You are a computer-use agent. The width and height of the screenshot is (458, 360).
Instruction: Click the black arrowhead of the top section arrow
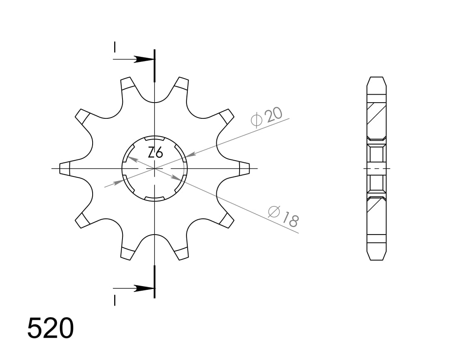coord(144,59)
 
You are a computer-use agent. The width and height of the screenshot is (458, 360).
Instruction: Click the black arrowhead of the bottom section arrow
coord(144,288)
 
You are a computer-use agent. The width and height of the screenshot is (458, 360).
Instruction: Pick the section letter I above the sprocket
coord(115,47)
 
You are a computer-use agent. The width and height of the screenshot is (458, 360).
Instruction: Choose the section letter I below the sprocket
coord(115,300)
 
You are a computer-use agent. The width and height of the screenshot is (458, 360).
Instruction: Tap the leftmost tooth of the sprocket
coord(66,169)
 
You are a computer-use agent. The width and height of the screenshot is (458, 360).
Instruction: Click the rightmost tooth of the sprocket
coord(244,169)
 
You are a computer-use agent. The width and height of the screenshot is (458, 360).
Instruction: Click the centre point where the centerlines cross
coord(154,169)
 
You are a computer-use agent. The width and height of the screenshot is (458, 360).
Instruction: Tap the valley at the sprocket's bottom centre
coord(154,236)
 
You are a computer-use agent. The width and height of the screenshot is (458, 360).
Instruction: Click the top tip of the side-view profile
coord(376,78)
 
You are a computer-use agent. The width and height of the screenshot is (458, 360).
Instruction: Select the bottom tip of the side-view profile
coord(376,260)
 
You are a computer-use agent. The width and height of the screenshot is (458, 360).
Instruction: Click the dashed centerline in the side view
coord(376,169)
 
